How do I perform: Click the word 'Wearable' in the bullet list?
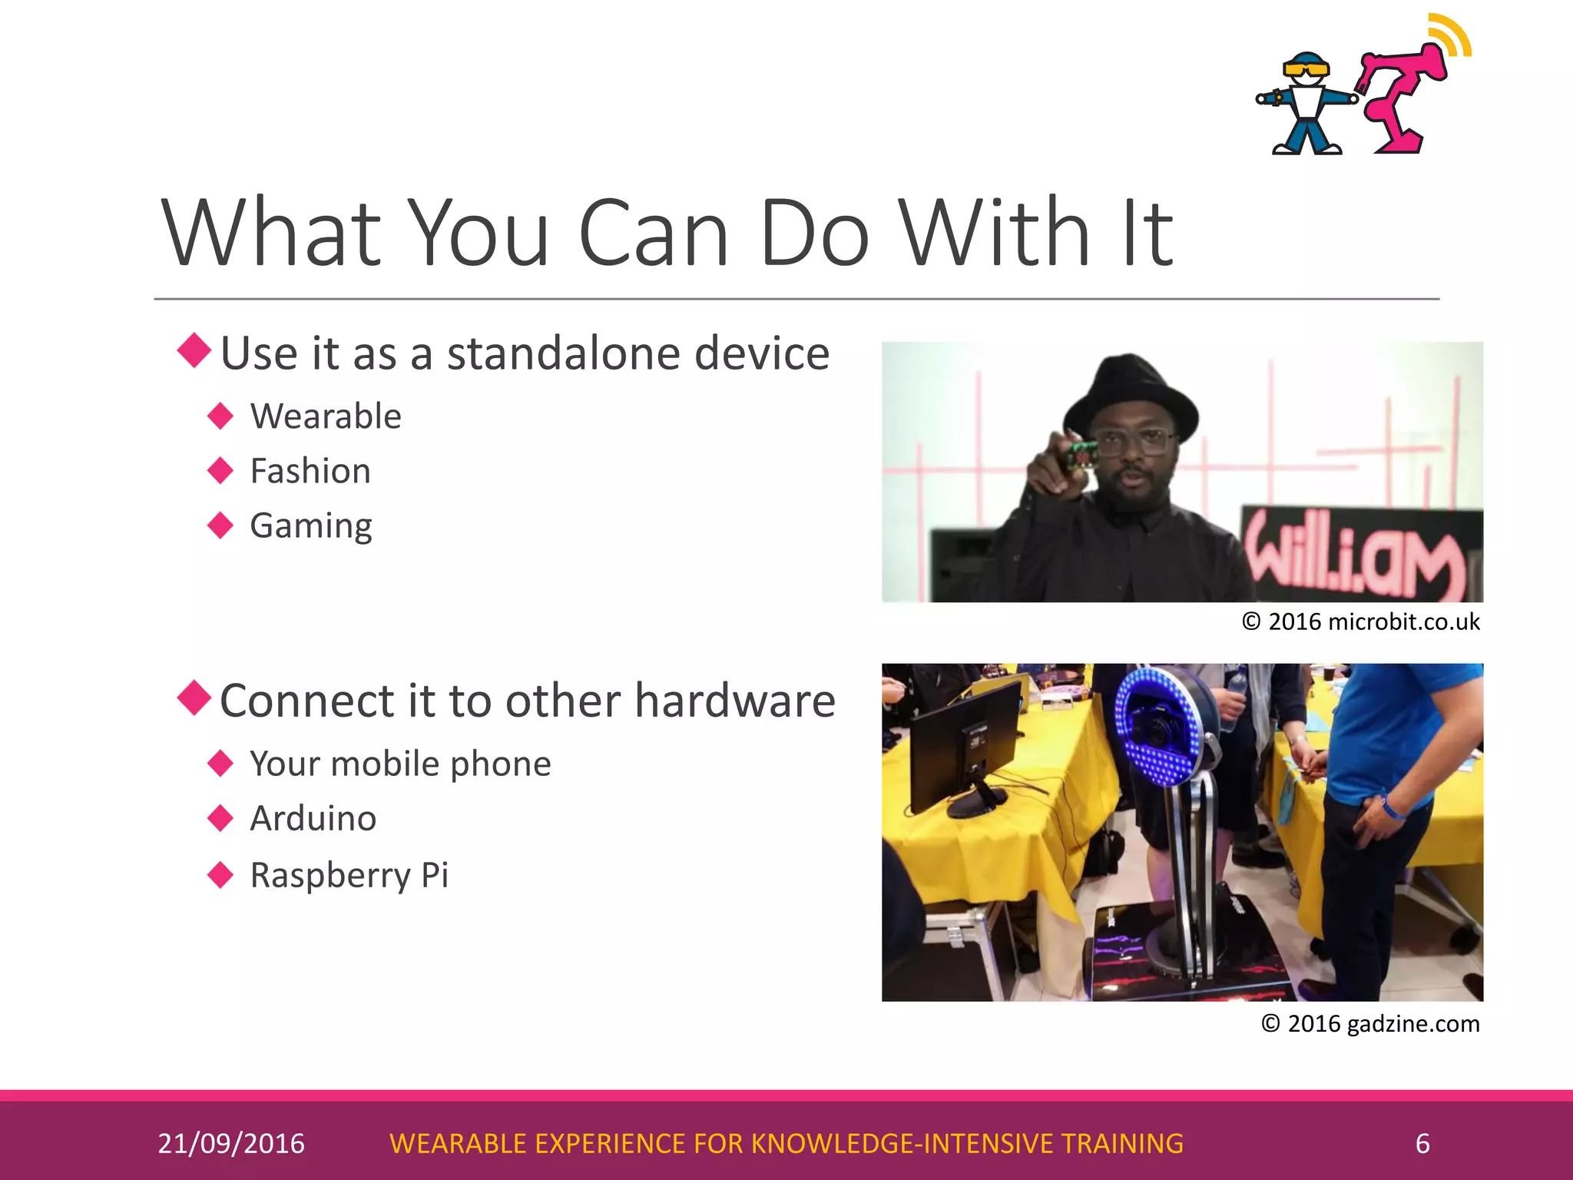click(x=326, y=416)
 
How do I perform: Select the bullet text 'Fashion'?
click(x=310, y=471)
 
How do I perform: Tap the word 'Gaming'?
click(x=311, y=526)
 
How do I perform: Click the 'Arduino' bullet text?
click(x=313, y=818)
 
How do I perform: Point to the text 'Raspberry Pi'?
click(x=349, y=875)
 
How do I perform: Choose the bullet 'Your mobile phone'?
click(x=400, y=764)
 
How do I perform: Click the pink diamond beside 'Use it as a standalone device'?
click(x=194, y=350)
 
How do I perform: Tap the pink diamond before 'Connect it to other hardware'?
click(x=194, y=698)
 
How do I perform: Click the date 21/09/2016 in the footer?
click(x=231, y=1143)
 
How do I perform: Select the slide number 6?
click(x=1422, y=1143)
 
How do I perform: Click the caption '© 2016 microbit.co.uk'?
click(x=1360, y=621)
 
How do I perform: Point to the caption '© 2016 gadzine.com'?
click(x=1370, y=1023)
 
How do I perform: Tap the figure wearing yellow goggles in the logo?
click(x=1306, y=104)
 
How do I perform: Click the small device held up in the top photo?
click(x=1079, y=458)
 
